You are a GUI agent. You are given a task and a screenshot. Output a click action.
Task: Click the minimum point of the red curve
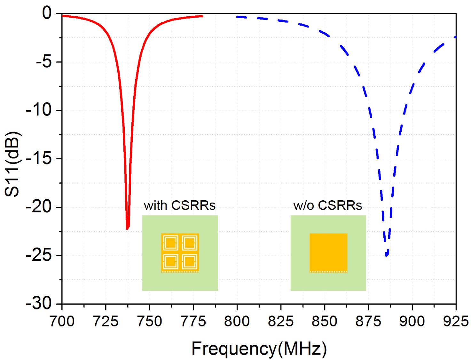pyautogui.click(x=127, y=228)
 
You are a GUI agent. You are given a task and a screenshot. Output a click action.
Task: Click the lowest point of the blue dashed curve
pyautogui.click(x=387, y=255)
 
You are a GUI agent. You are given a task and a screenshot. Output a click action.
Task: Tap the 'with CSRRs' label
pyautogui.click(x=179, y=205)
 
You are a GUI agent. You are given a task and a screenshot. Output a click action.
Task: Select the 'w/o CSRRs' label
pyautogui.click(x=327, y=205)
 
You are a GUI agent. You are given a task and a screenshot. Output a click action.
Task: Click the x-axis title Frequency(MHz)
pyautogui.click(x=259, y=348)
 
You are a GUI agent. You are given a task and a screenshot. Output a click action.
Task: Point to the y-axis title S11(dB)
pyautogui.click(x=12, y=164)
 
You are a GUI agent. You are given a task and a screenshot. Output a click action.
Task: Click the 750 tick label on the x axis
pyautogui.click(x=149, y=321)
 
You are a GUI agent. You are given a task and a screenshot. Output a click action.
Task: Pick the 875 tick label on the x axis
pyautogui.click(x=368, y=321)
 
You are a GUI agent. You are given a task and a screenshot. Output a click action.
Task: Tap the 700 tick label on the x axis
pyautogui.click(x=62, y=321)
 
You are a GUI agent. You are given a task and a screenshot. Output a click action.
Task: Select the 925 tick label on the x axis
pyautogui.click(x=456, y=321)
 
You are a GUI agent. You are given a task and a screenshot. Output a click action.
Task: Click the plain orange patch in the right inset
pyautogui.click(x=328, y=252)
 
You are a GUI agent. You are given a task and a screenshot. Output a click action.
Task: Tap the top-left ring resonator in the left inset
pyautogui.click(x=170, y=244)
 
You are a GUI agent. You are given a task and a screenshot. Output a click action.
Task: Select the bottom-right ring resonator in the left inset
pyautogui.click(x=190, y=262)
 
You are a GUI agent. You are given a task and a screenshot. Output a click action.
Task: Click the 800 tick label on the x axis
pyautogui.click(x=237, y=321)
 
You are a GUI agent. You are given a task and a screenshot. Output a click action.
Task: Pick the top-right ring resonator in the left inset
pyautogui.click(x=190, y=244)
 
